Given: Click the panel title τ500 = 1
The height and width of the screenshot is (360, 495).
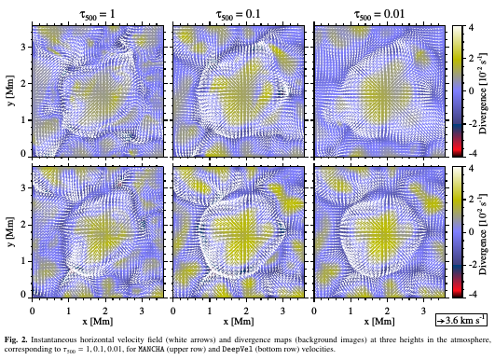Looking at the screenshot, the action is [97, 15].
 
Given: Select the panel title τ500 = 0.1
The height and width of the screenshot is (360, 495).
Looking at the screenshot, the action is [238, 15].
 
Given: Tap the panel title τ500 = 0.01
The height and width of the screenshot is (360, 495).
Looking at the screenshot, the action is [379, 15].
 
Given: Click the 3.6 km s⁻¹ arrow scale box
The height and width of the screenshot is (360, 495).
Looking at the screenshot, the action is [461, 321].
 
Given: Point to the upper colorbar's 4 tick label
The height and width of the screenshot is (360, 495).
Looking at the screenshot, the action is [471, 28].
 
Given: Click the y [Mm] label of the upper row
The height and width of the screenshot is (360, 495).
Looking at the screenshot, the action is [12, 91].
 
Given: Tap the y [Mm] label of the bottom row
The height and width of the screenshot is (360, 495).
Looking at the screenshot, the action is [12, 232].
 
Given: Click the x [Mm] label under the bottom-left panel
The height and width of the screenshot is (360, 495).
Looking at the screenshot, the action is [98, 322].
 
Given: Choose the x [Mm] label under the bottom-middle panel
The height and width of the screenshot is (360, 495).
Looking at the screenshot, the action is [239, 322].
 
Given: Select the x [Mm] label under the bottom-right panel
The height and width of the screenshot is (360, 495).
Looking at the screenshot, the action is [379, 322].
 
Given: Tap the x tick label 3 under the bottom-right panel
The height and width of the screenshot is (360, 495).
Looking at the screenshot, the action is [423, 312].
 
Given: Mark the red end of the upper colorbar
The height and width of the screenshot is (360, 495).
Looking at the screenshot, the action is [457, 151].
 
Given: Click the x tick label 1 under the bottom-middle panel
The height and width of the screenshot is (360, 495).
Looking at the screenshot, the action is [210, 312].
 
